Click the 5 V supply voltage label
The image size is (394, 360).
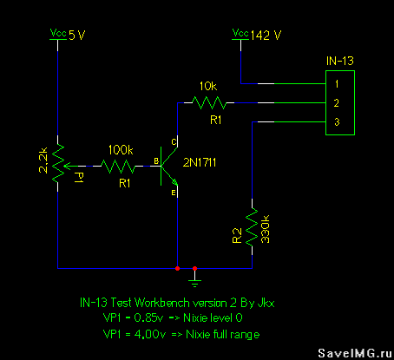click(x=77, y=36)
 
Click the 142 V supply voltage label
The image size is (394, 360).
click(x=266, y=36)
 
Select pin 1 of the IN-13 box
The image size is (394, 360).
click(x=337, y=84)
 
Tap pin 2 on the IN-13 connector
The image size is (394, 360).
click(x=337, y=103)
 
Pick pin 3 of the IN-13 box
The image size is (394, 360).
click(x=337, y=122)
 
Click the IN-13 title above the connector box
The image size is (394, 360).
click(x=340, y=61)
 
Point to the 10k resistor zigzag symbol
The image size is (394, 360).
click(x=209, y=102)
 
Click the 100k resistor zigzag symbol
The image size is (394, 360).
click(x=118, y=167)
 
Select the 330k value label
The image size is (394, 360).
click(x=266, y=229)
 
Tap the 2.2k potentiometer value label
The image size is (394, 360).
click(x=43, y=160)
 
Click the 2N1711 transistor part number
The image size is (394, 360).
click(x=200, y=163)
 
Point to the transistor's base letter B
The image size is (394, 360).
click(x=156, y=161)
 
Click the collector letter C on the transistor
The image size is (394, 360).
click(x=174, y=142)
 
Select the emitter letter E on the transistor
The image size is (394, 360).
click(x=174, y=193)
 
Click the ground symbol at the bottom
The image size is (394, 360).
click(x=194, y=280)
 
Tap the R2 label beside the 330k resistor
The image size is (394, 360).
click(x=237, y=236)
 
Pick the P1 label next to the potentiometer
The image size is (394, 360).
click(x=78, y=177)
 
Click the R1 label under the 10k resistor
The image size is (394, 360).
click(x=215, y=120)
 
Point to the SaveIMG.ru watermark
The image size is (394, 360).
click(x=355, y=353)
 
